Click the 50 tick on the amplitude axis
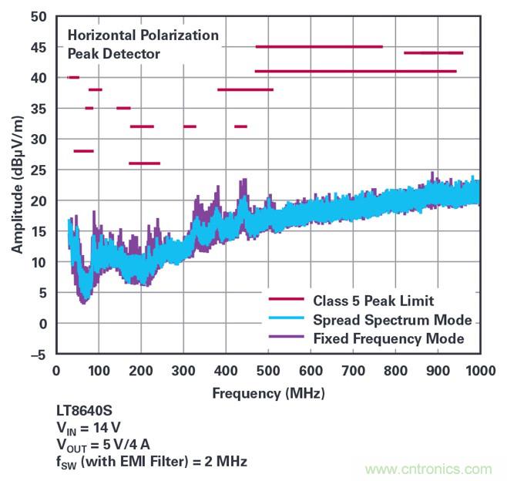coord(39,17)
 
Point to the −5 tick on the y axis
coord(37,354)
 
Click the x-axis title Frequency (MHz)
coord(268,393)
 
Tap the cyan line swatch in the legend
coord(287,320)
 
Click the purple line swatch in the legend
coord(287,338)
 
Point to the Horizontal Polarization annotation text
coord(143,35)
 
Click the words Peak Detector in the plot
coord(114,54)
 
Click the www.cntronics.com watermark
coord(428,469)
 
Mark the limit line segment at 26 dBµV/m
coord(144,163)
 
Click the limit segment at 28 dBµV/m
coord(83,151)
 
